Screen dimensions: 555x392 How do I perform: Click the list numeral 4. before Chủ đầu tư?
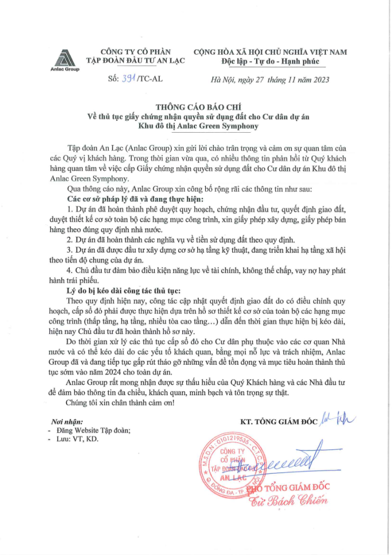pyautogui.click(x=68, y=271)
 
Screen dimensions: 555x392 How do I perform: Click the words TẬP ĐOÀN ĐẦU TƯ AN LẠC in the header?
pyautogui.click(x=136, y=61)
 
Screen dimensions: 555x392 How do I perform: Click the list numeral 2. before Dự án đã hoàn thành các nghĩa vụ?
pyautogui.click(x=68, y=239)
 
